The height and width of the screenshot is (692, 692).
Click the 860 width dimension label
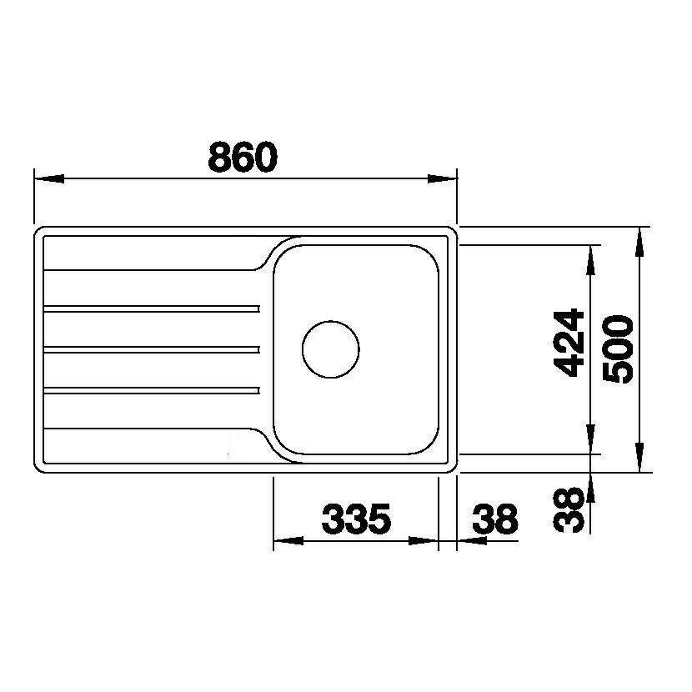pyautogui.click(x=243, y=157)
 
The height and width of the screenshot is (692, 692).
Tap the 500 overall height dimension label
pyautogui.click(x=619, y=349)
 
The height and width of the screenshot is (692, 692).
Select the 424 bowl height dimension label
pyautogui.click(x=569, y=343)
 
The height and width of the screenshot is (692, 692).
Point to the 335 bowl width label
pyautogui.click(x=357, y=519)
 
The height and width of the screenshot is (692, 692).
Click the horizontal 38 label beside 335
pyautogui.click(x=494, y=519)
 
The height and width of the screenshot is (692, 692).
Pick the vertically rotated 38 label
pyautogui.click(x=569, y=509)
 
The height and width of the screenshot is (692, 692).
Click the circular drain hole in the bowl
pyautogui.click(x=330, y=349)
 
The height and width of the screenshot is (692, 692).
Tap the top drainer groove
pyautogui.click(x=152, y=308)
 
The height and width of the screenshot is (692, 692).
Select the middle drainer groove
pyautogui.click(x=152, y=349)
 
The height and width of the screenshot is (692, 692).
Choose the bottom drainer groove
pyautogui.click(x=152, y=390)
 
